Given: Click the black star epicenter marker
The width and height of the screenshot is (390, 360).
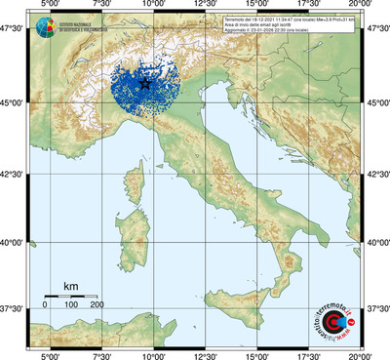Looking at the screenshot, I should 146,85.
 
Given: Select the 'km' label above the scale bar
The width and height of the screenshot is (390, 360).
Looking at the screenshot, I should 70,286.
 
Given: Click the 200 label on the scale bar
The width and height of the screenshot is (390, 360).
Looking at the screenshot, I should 97,305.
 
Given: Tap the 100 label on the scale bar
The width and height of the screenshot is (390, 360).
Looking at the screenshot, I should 71,305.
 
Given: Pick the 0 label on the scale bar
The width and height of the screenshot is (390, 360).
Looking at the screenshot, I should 45,305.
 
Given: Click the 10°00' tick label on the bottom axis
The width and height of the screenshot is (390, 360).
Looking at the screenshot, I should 152,353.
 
